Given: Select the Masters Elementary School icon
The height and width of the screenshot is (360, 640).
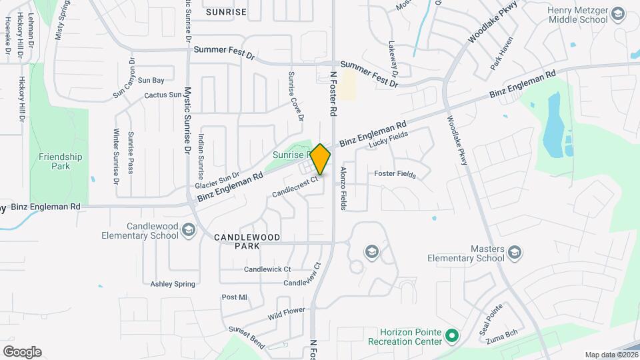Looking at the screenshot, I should [514, 251].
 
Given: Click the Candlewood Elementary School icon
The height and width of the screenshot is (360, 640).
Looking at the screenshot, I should [189, 230].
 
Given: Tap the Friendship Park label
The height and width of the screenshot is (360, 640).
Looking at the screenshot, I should [60, 161].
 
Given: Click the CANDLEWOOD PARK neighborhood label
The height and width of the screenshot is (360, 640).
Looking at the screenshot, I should [247, 241].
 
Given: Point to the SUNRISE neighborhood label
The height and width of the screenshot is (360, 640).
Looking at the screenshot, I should [226, 12].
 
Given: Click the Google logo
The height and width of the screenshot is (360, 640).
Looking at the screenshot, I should [22, 352].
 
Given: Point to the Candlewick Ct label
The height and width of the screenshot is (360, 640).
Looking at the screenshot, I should [267, 269].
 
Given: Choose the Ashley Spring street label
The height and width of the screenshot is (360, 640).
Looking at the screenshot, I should [173, 284].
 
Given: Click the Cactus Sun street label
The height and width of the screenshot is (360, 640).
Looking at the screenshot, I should [162, 95].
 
